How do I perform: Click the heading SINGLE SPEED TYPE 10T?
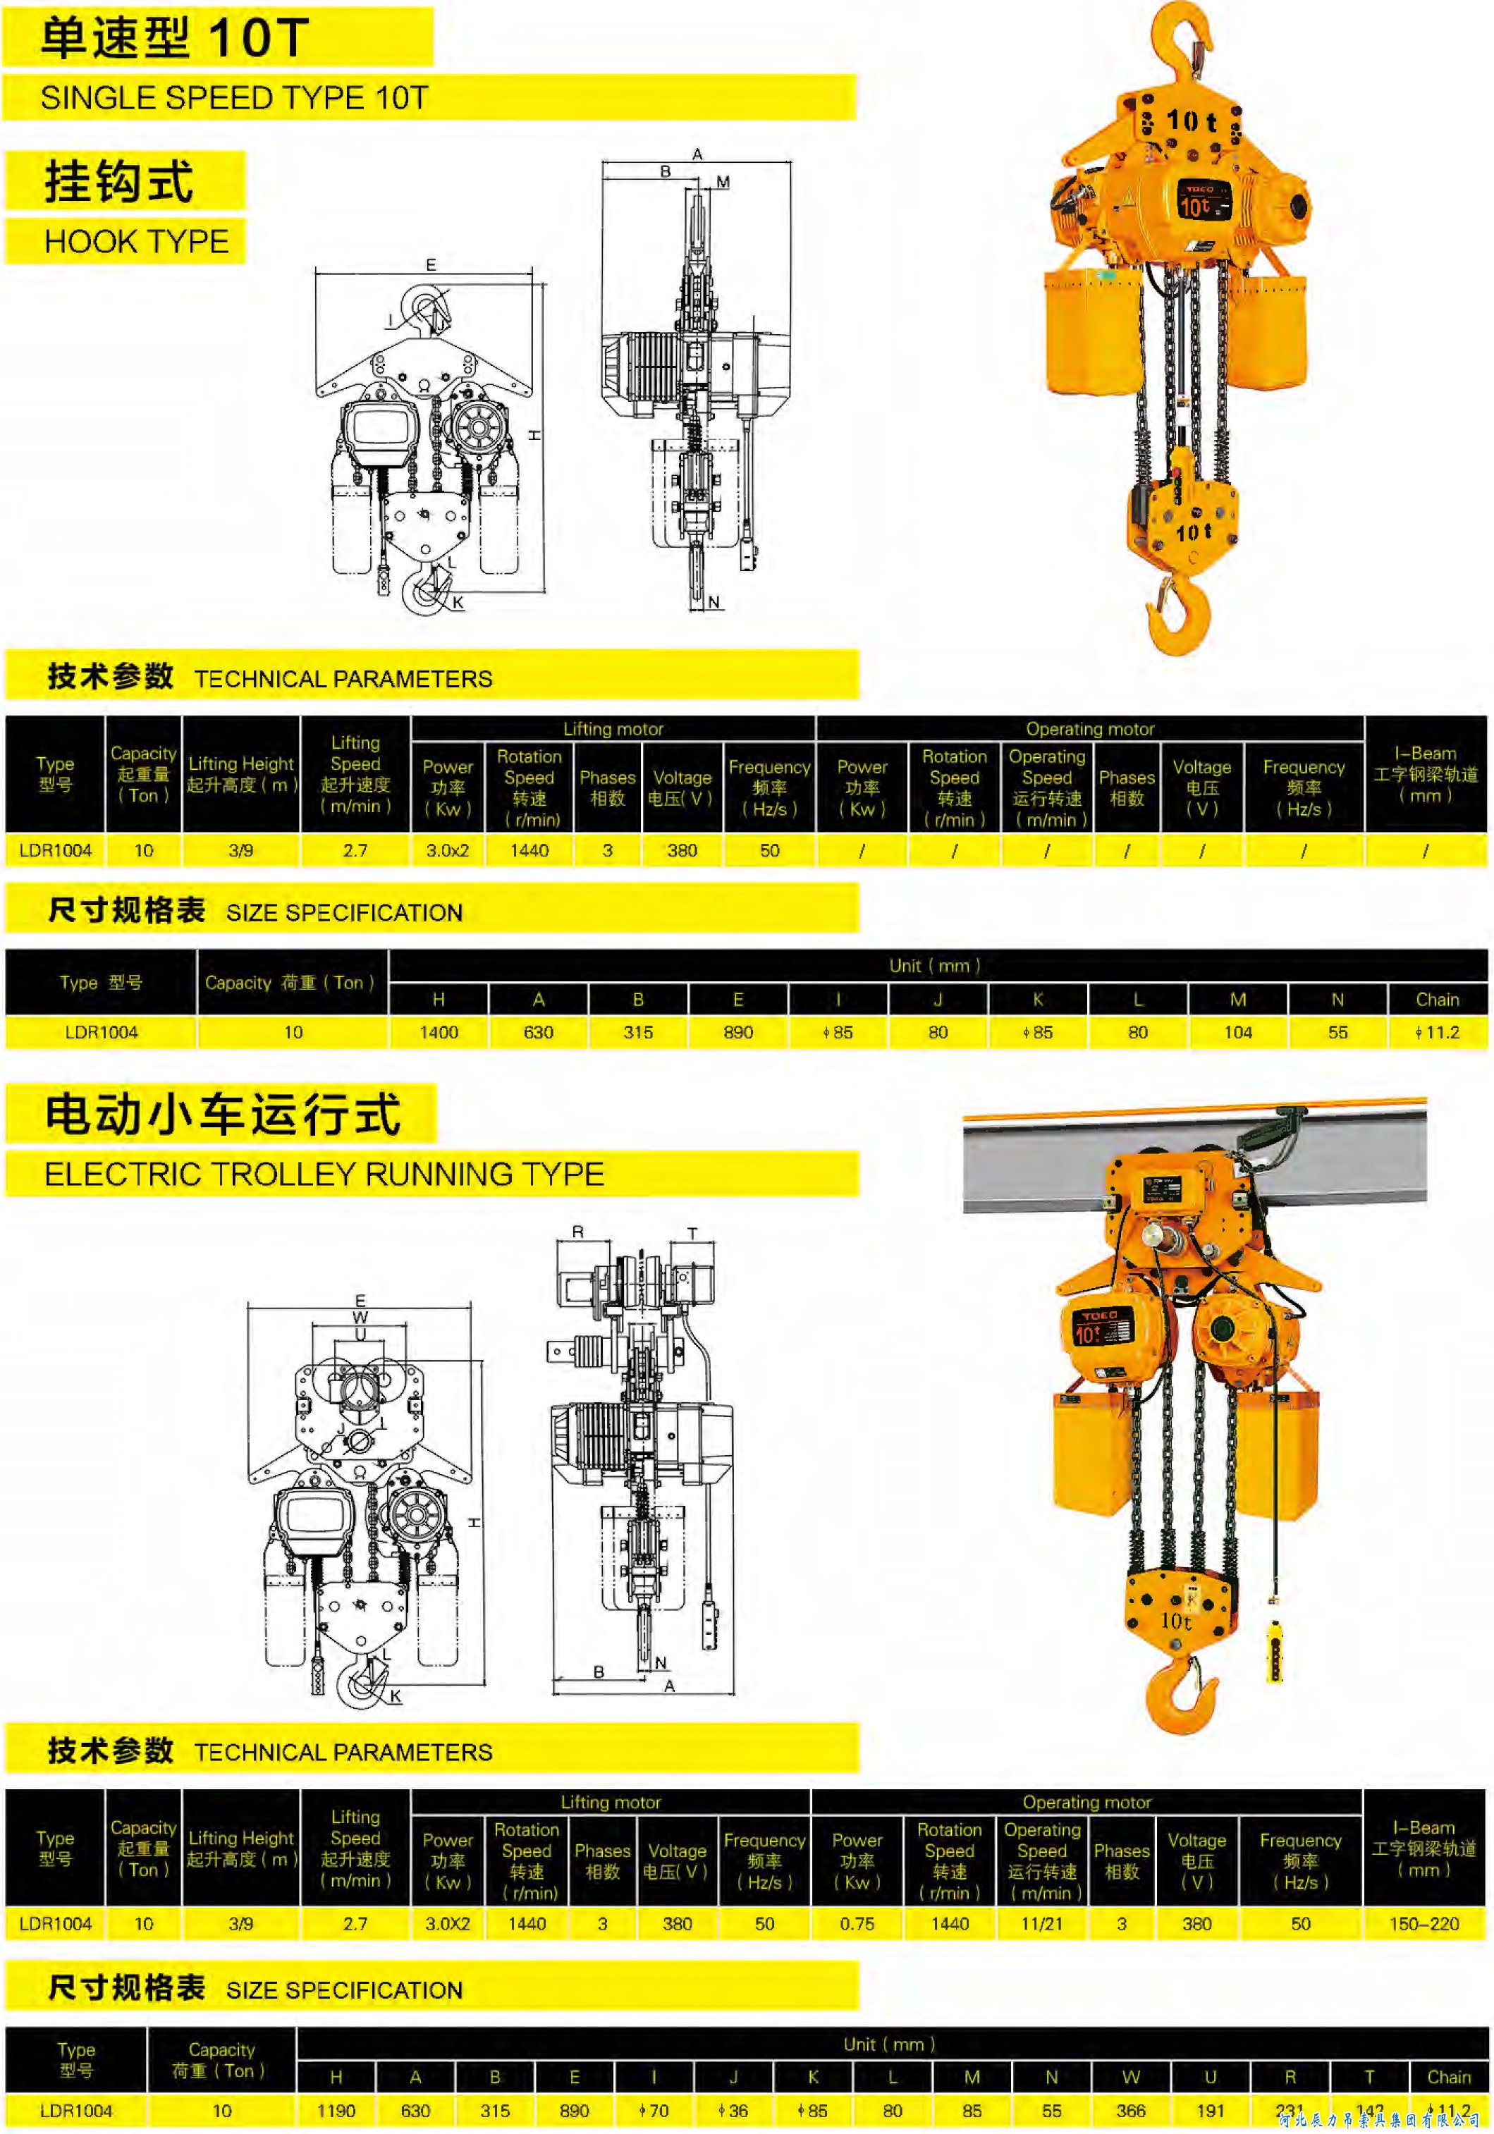234,97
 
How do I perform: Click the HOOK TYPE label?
136,242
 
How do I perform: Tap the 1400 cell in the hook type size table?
438,1031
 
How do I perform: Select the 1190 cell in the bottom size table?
336,2110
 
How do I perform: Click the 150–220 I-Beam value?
1423,1923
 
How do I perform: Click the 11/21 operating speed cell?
1041,1923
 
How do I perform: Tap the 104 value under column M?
1237,1031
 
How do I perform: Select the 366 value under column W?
1130,2110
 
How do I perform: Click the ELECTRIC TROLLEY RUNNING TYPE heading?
324,1174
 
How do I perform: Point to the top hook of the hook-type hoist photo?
1182,37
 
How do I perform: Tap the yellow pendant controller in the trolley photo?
1275,1652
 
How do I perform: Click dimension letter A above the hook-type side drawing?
697,154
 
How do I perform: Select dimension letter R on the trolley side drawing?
577,1232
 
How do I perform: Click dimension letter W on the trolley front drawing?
360,1317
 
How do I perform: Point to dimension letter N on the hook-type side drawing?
713,602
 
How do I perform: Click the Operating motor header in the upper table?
1089,729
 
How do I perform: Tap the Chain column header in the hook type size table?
1436,999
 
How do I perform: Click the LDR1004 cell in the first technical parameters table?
55,850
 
